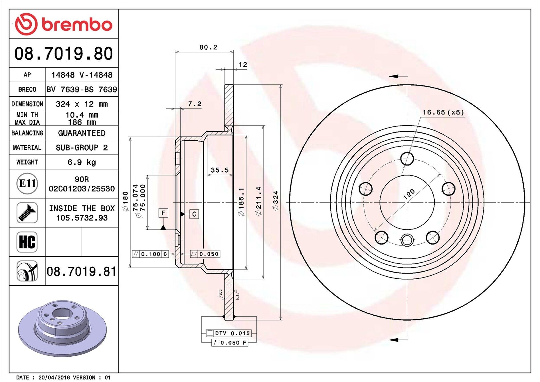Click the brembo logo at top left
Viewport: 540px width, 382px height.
tap(63, 24)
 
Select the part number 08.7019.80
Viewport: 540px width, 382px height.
tap(64, 54)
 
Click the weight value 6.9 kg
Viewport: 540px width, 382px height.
tap(82, 162)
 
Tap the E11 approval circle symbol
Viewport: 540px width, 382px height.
tap(27, 183)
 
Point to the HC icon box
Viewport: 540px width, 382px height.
tap(27, 242)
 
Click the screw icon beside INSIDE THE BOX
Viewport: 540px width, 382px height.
tap(27, 213)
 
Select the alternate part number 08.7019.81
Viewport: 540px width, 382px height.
tap(82, 271)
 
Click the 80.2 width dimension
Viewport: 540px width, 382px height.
tap(208, 47)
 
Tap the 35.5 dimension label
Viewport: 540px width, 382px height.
tap(220, 170)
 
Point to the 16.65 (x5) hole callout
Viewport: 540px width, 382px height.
tap(443, 112)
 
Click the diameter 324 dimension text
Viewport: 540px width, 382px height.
tap(276, 201)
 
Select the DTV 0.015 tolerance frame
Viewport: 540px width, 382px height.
tap(229, 333)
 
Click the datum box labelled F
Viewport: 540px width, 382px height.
tap(163, 213)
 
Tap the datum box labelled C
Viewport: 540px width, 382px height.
tap(194, 214)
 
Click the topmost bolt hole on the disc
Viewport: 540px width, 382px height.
tap(407, 159)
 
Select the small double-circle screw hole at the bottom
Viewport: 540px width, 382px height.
tap(407, 240)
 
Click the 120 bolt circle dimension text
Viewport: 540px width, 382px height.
tap(409, 194)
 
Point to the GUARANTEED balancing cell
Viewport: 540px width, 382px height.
tap(82, 133)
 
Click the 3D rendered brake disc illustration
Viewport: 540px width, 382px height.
tap(62, 328)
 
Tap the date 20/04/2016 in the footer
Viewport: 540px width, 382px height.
tap(54, 377)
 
